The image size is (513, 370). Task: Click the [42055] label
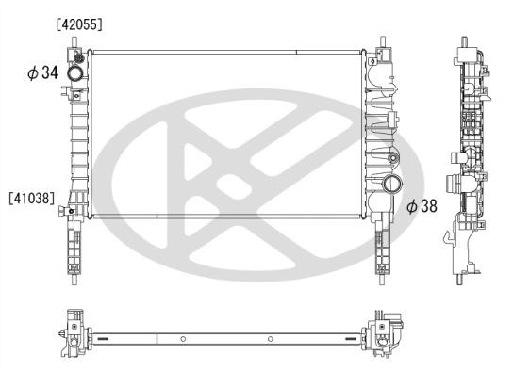[80, 23]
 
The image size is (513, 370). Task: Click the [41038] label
[32, 199]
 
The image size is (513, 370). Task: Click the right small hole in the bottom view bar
[271, 337]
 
